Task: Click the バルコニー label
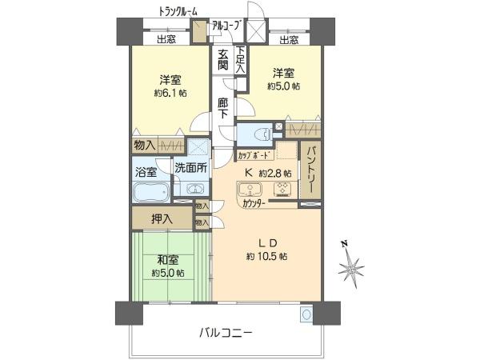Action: [x=226, y=332]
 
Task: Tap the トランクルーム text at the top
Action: [x=178, y=12]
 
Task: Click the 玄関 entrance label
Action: [x=223, y=60]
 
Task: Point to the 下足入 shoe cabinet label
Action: [x=241, y=59]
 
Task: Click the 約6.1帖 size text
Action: [x=170, y=93]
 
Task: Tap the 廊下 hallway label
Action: [x=223, y=108]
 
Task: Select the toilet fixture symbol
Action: [x=262, y=134]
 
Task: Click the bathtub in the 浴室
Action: [x=151, y=192]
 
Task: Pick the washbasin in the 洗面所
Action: [x=194, y=189]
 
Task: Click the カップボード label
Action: [x=255, y=155]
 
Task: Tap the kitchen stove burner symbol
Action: [x=282, y=189]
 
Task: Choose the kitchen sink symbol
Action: [x=250, y=189]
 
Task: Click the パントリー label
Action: [x=310, y=170]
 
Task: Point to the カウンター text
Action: [x=254, y=203]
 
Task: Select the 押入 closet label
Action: [x=162, y=218]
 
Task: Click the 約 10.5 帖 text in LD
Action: [x=266, y=256]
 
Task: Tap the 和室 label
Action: [x=167, y=260]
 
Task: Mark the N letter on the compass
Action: [x=345, y=244]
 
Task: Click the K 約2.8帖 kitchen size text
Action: [x=267, y=174]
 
